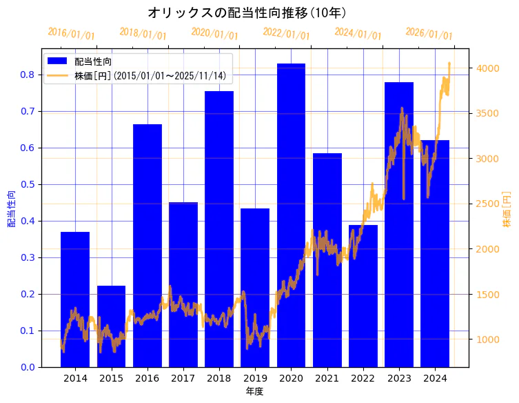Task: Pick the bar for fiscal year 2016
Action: point(147,242)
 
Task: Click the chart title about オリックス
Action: point(246,12)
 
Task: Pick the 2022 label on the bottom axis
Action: point(363,378)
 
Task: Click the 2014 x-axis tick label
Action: point(75,378)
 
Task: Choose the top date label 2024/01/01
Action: point(358,34)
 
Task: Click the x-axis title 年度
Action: point(254,391)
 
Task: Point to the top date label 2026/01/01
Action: point(429,34)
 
